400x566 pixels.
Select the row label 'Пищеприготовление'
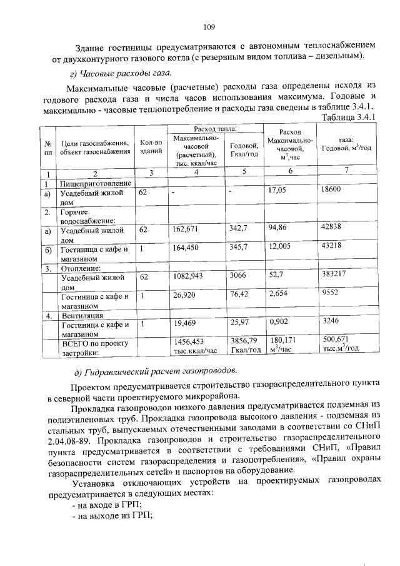[95, 183]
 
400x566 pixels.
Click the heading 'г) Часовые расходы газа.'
[114, 73]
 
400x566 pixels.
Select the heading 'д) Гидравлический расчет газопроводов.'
[148, 370]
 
